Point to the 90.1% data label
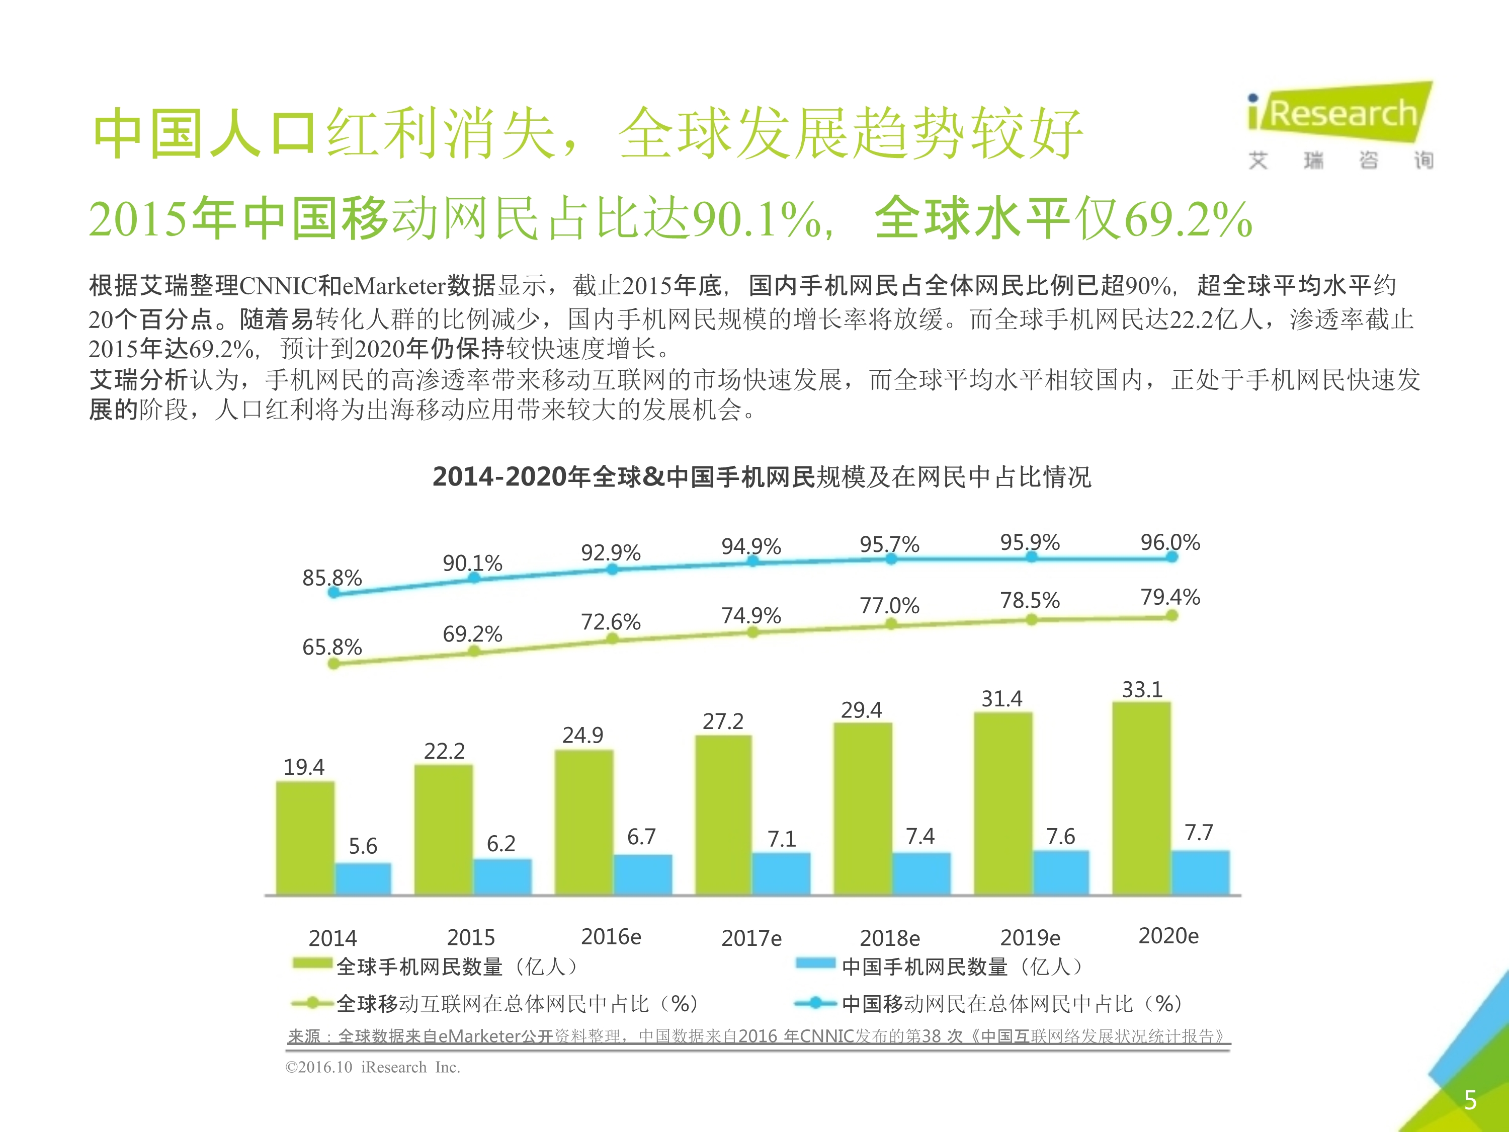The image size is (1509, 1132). click(x=472, y=563)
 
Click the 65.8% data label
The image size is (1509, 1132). click(x=331, y=647)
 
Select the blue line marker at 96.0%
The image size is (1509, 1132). click(x=1171, y=557)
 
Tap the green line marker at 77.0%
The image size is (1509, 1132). click(x=891, y=624)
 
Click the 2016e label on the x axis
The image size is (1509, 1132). click(x=611, y=937)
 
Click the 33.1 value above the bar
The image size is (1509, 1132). click(x=1142, y=690)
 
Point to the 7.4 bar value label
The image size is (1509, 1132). click(x=919, y=837)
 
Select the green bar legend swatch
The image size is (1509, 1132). click(x=312, y=963)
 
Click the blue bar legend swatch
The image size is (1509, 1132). click(x=815, y=963)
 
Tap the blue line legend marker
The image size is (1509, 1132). click(x=815, y=1003)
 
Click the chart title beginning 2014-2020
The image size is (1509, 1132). click(x=762, y=476)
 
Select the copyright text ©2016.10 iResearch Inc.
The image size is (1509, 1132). click(x=373, y=1067)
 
